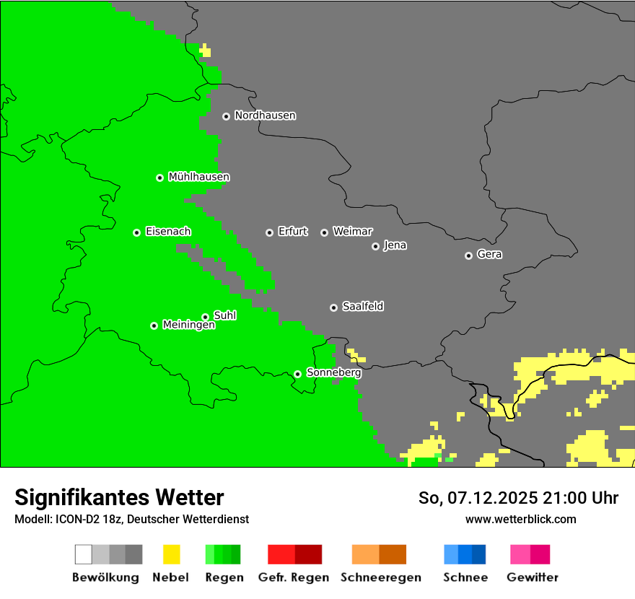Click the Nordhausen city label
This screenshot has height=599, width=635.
pos(265,115)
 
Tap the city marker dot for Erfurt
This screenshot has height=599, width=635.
pos(269,232)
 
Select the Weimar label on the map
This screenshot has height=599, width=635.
pos(352,232)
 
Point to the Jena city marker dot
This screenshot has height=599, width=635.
pos(375,246)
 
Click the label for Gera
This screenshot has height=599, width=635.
pos(489,255)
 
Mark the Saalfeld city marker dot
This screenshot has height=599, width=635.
pos(333,307)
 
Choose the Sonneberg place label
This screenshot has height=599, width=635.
pos(333,373)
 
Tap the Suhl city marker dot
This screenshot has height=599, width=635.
pos(205,317)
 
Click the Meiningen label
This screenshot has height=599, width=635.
pos(188,325)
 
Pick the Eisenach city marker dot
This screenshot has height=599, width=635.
pos(136,232)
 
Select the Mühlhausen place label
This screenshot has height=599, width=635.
pos(198,177)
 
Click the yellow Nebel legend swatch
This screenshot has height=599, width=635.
pos(171,554)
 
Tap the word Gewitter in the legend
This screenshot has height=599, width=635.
pos(532,577)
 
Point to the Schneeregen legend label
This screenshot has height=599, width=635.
pos(380,577)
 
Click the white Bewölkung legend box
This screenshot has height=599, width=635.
pos(84,554)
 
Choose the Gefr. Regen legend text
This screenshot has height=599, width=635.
pos(293,577)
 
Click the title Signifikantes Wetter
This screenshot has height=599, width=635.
pos(119,498)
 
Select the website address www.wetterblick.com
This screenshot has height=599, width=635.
pos(520,520)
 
